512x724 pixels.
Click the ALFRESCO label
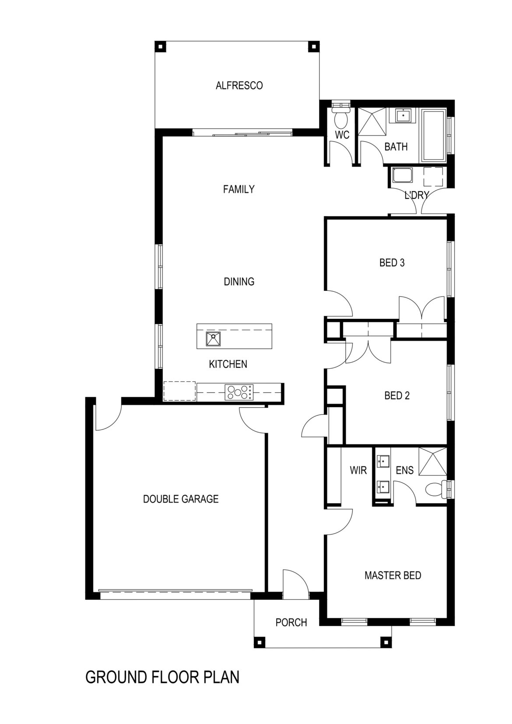(239, 85)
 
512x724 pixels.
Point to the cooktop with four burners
(238, 392)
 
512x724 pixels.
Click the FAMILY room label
(238, 189)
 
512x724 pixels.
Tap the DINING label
(239, 282)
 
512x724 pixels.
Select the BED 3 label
(392, 263)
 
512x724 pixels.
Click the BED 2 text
(397, 396)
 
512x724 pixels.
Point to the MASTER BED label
(393, 575)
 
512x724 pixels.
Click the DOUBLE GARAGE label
(181, 499)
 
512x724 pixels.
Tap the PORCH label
(291, 622)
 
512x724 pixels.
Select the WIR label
(358, 470)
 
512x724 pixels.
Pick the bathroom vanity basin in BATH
(402, 116)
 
